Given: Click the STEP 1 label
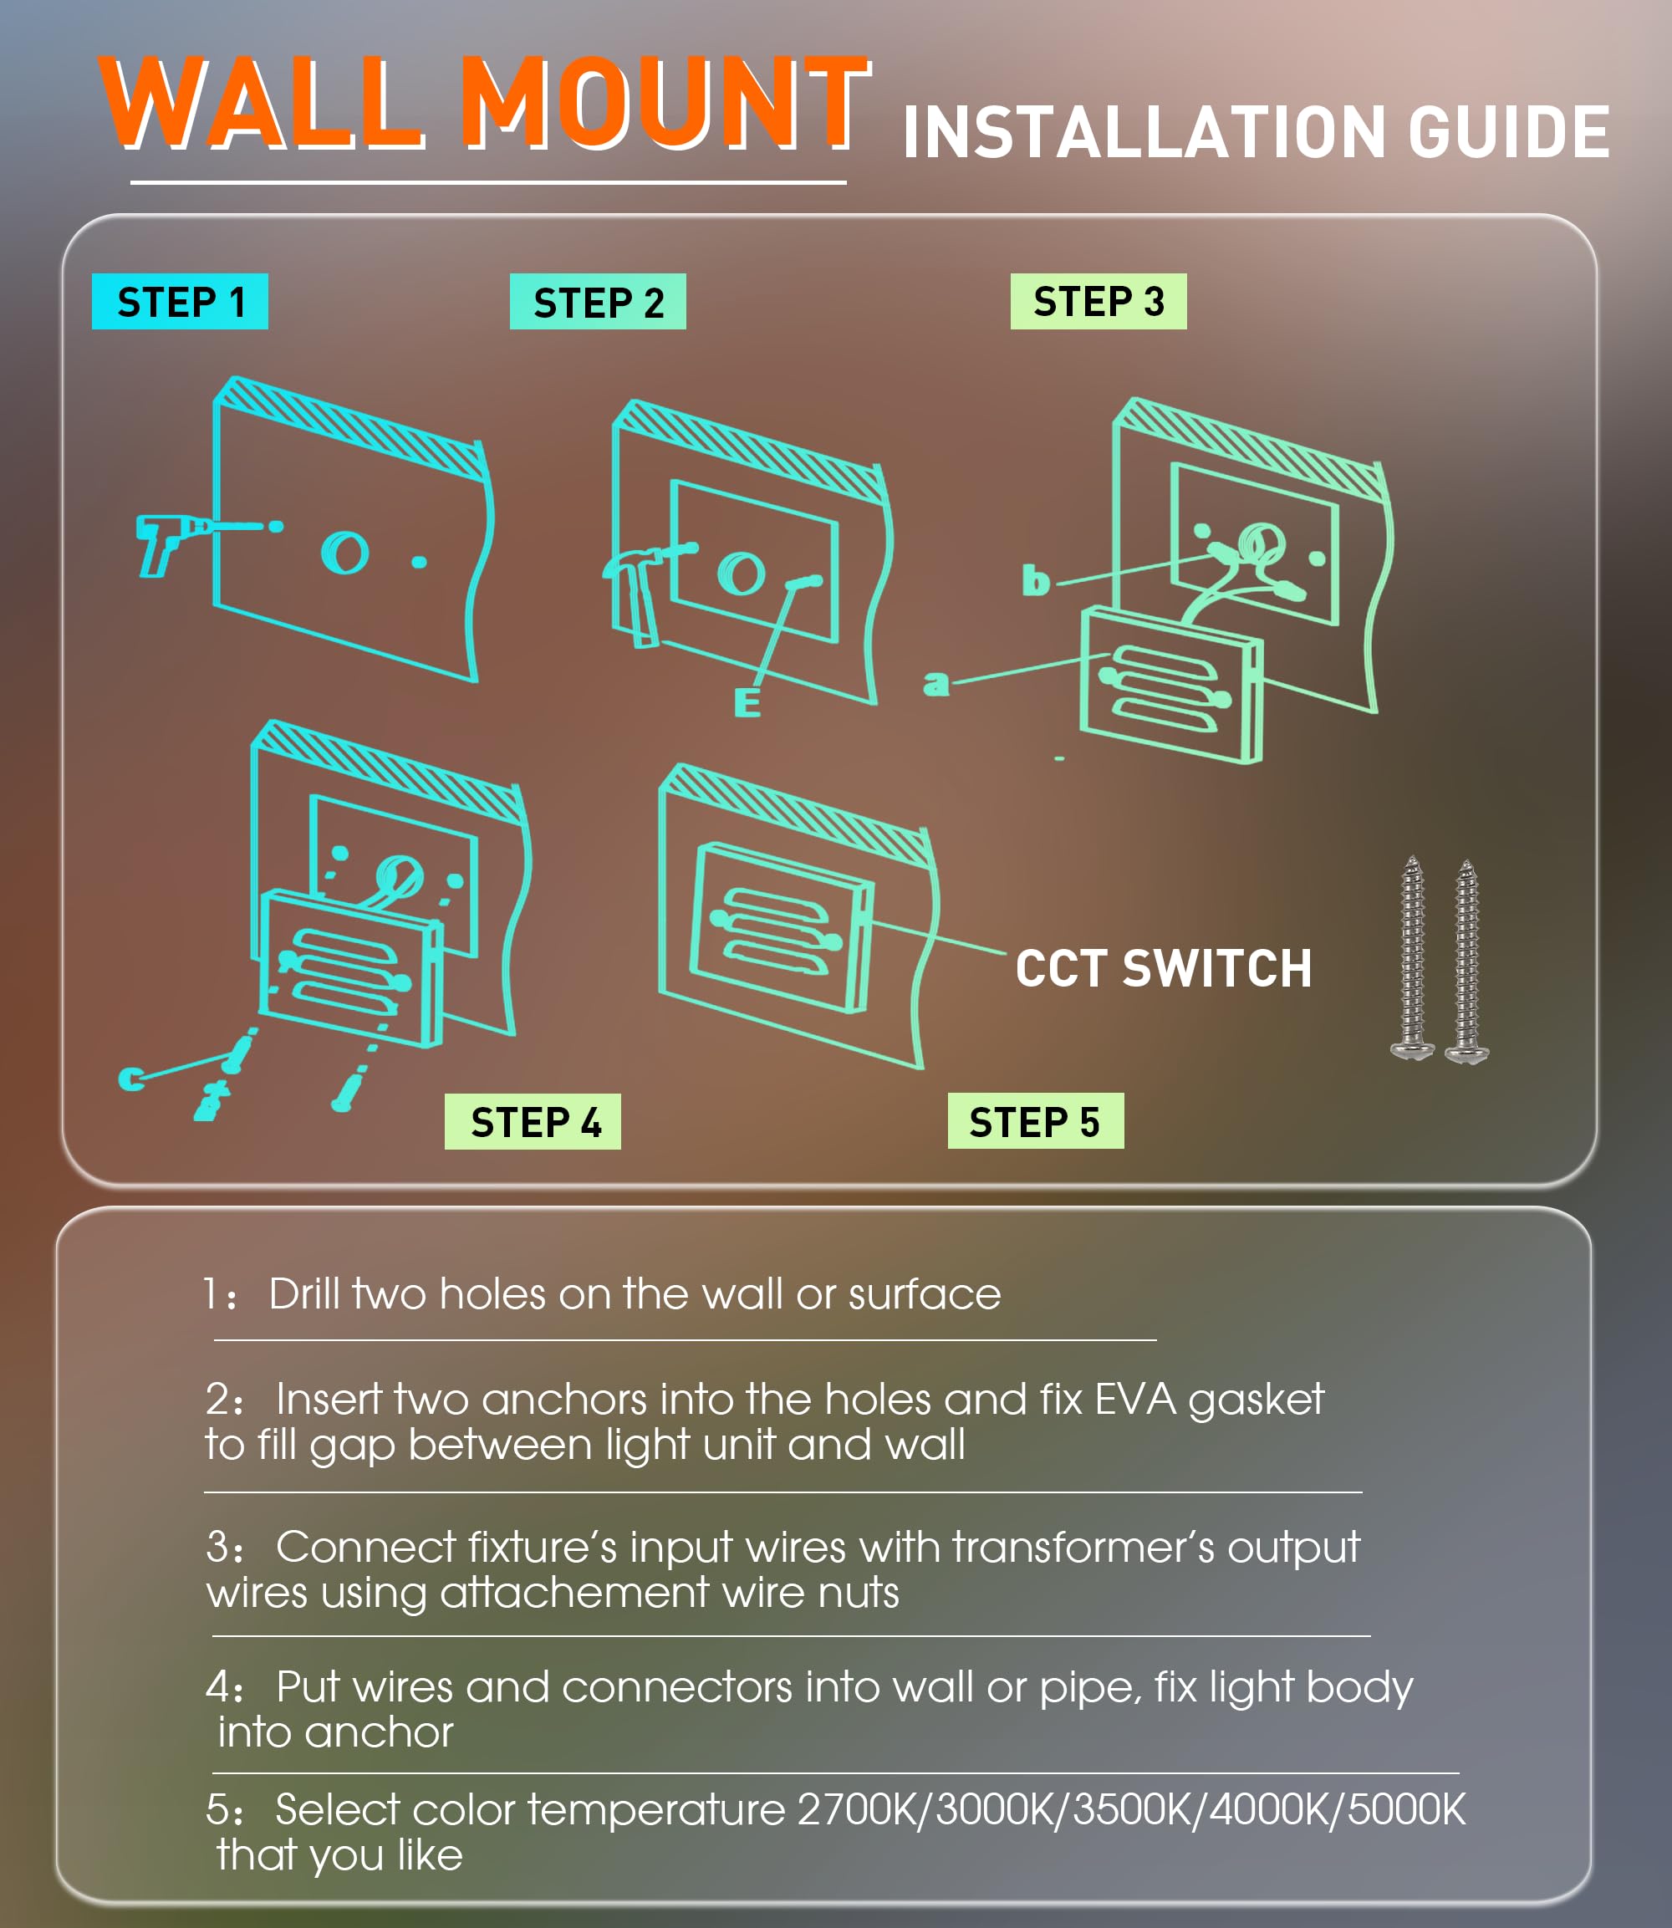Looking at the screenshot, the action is [x=180, y=302].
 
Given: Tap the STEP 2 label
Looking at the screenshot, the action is [x=598, y=302].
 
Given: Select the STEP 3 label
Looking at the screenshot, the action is [x=1099, y=302].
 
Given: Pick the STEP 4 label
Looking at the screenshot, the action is [x=533, y=1121].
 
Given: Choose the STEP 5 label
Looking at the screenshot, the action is [x=1036, y=1121].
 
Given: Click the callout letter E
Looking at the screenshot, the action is [x=747, y=701].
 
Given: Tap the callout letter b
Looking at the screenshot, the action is [x=1036, y=579].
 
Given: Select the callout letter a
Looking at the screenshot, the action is [x=935, y=684].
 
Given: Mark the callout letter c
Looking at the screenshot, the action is [x=131, y=1079].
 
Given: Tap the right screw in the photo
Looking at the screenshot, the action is [x=1466, y=962].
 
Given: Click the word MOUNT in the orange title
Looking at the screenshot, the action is [x=665, y=103].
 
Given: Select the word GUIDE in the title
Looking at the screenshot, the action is [x=1509, y=131].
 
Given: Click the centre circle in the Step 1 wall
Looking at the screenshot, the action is [x=344, y=553].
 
